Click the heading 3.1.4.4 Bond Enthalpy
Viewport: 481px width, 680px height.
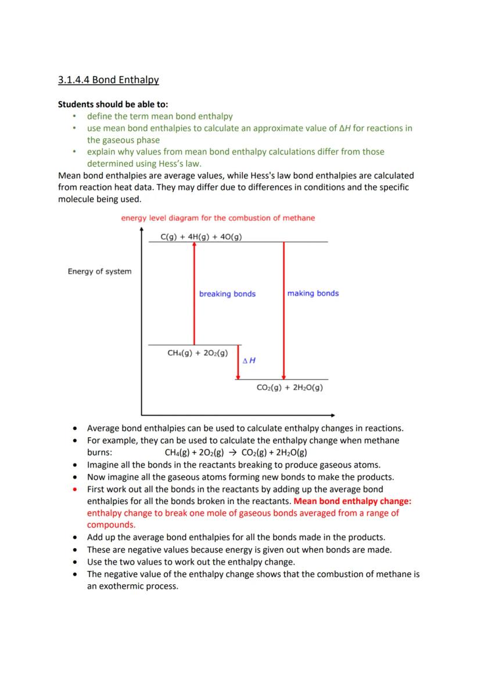click(108, 80)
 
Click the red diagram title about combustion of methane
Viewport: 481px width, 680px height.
click(218, 218)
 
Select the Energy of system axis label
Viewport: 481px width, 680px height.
click(99, 271)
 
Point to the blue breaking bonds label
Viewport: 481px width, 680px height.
click(227, 294)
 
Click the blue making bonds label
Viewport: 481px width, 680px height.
click(313, 293)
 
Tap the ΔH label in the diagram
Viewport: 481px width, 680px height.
click(249, 361)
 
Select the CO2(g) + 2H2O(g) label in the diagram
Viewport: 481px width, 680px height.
click(289, 387)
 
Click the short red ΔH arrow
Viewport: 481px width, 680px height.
click(238, 362)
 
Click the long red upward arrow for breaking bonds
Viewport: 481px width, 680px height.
click(194, 293)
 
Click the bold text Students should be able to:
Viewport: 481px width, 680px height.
click(113, 105)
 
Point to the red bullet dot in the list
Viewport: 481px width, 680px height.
click(76, 489)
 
